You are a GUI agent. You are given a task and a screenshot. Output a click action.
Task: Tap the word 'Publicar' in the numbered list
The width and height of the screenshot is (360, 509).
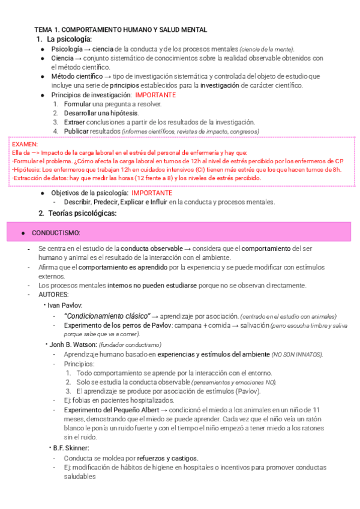click(77, 131)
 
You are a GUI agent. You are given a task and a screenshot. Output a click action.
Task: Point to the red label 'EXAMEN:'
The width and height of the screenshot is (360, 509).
click(25, 145)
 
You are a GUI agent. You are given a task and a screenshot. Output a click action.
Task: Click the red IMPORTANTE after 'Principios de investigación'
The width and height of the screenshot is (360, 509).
click(155, 95)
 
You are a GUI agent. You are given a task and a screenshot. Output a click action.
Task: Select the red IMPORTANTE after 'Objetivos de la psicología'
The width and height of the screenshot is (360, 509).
click(152, 193)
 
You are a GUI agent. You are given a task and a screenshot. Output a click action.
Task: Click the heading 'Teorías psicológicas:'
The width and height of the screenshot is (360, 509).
click(81, 213)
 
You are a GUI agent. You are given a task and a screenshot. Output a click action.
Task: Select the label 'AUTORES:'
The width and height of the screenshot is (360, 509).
click(53, 295)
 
